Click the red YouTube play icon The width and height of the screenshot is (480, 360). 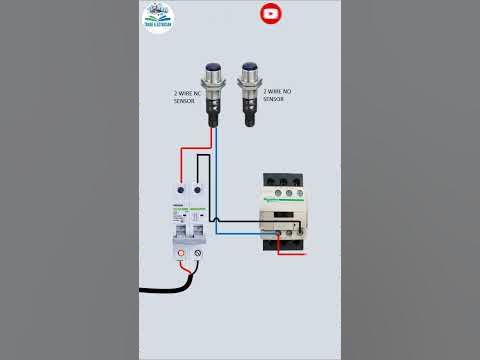pos(270,14)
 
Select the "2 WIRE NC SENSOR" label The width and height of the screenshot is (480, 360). pos(188,98)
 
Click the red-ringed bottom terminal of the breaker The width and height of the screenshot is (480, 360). pos(181,256)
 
